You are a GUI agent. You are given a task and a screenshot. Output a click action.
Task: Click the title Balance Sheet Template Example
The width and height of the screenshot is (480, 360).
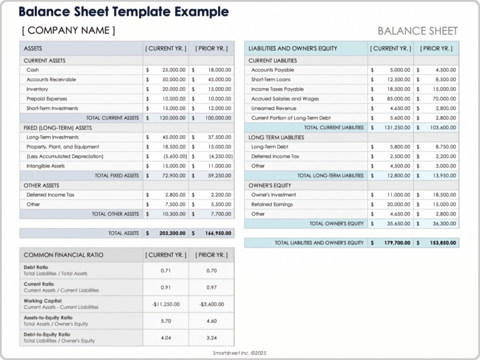click(x=123, y=12)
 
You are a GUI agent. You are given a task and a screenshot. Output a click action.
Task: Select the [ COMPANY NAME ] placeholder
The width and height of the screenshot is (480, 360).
click(x=69, y=30)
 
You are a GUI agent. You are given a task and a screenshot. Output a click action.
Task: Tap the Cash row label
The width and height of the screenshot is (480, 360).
click(x=32, y=70)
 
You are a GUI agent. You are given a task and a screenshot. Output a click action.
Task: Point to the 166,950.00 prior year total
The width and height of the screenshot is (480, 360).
click(x=215, y=233)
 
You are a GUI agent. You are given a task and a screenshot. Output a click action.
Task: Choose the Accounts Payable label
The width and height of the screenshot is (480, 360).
click(x=272, y=70)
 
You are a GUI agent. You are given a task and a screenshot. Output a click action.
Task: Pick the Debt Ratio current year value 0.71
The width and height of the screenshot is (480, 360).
click(x=166, y=271)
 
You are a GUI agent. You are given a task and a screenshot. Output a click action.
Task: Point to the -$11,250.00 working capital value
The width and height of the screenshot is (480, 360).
click(x=166, y=304)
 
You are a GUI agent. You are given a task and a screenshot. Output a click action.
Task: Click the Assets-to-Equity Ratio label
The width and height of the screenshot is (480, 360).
click(x=48, y=317)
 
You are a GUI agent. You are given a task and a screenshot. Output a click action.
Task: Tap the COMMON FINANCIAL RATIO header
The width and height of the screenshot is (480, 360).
click(x=64, y=255)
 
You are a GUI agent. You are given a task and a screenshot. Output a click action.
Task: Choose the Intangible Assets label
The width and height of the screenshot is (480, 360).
click(x=46, y=166)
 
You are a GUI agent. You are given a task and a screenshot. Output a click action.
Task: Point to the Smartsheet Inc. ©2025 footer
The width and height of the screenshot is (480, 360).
click(x=239, y=353)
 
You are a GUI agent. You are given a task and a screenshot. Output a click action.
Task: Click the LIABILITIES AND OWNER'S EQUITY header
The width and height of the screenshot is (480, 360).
click(x=292, y=48)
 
